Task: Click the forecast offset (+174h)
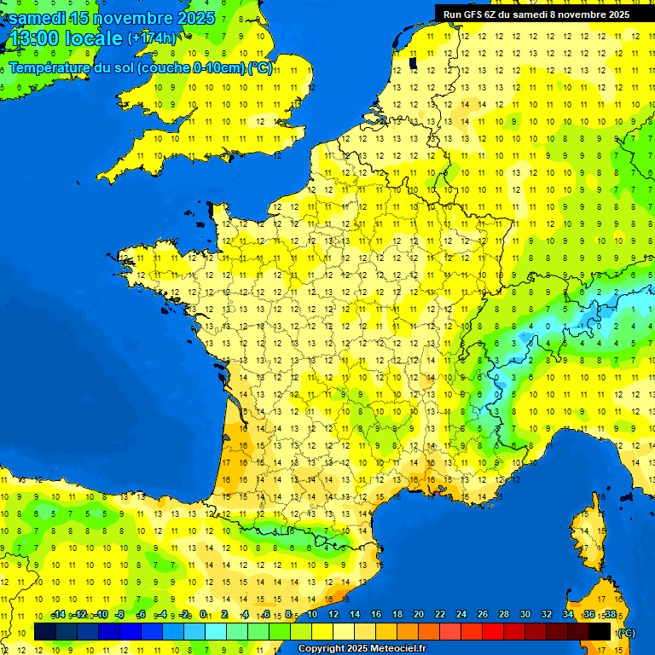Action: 152,38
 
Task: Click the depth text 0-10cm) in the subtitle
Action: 219,67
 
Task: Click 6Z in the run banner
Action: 490,14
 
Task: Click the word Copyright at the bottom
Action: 322,649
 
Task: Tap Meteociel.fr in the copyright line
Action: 398,649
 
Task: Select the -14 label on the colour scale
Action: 58,615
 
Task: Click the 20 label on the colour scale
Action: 419,615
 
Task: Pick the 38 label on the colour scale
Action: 610,615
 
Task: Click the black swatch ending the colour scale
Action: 600,631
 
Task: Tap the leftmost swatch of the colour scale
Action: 45,631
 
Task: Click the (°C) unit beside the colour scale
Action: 626,633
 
